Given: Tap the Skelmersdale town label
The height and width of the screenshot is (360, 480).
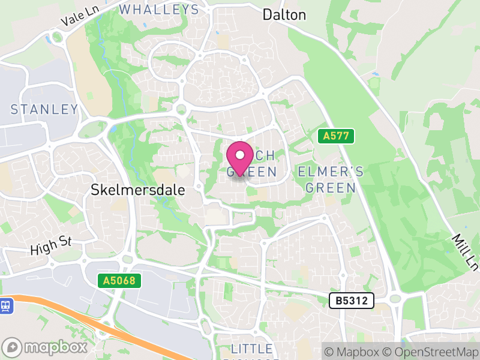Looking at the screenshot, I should coord(137,190).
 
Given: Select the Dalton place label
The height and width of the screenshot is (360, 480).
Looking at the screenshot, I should coord(284,15).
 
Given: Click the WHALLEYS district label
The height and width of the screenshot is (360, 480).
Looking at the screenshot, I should coord(159,10).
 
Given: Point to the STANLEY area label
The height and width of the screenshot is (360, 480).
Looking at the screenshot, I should coord(44,109).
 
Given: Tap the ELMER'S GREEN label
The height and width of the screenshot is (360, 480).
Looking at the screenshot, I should coord(331,179).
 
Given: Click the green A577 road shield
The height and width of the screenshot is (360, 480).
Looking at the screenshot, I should coord(336,136).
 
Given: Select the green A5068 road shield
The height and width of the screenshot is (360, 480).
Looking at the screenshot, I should coord(119,280).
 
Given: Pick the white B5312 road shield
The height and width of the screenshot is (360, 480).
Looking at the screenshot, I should coord(352,300).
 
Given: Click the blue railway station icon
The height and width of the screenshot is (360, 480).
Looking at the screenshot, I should coord(7,305).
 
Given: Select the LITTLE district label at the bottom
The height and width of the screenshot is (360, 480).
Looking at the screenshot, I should coord(252,349).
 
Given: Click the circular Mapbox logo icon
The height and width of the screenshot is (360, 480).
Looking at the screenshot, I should coord(13,347).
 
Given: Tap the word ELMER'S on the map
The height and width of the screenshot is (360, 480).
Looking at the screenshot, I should coord(331,172).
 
